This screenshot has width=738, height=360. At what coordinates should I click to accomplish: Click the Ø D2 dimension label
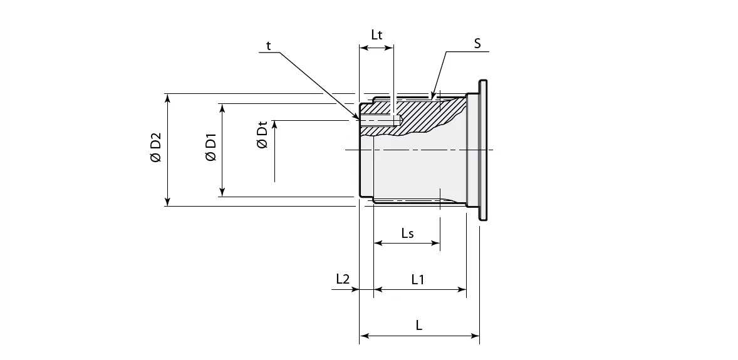[156, 148]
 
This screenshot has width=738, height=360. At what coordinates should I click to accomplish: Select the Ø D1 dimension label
[211, 148]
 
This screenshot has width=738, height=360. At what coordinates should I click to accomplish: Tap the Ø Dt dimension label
[262, 135]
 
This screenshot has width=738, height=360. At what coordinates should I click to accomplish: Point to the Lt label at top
[377, 35]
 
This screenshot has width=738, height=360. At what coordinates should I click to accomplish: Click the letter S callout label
[477, 43]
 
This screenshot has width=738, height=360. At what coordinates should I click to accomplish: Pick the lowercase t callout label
[268, 45]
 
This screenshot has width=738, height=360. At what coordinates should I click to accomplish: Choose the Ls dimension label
[407, 233]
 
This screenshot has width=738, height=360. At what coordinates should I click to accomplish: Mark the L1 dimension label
[418, 279]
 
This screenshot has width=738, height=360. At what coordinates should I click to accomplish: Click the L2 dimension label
[343, 279]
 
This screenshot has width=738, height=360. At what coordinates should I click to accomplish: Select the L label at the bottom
[418, 326]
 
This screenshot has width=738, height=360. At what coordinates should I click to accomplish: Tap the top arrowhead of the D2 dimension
[167, 98]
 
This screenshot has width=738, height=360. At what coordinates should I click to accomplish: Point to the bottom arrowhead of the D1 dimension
[221, 192]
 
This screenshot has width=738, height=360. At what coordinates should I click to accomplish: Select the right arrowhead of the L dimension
[476, 336]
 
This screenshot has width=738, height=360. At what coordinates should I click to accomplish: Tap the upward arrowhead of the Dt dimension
[274, 124]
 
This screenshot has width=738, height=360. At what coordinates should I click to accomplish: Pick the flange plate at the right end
[482, 150]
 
